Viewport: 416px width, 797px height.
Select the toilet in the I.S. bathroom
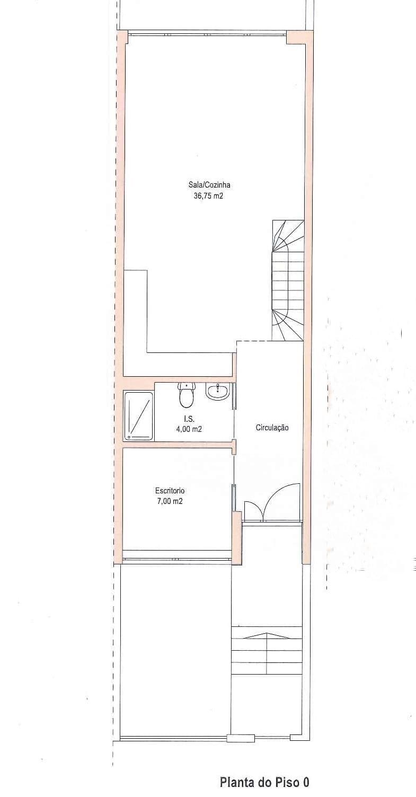point(186,396)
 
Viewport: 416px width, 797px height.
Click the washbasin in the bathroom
point(218,392)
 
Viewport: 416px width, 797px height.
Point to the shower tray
point(138,416)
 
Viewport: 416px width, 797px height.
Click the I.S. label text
point(189,419)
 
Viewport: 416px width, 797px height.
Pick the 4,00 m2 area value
point(189,430)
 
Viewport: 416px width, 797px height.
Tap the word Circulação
point(272,428)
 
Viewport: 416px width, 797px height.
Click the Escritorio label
point(170,490)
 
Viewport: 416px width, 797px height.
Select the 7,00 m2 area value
point(170,501)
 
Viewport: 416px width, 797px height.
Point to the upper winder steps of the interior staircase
point(287,235)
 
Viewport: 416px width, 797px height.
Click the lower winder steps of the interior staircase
point(287,324)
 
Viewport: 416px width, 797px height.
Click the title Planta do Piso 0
point(264,782)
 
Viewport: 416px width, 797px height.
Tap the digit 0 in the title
point(306,782)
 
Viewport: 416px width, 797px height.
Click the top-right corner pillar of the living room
point(295,38)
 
